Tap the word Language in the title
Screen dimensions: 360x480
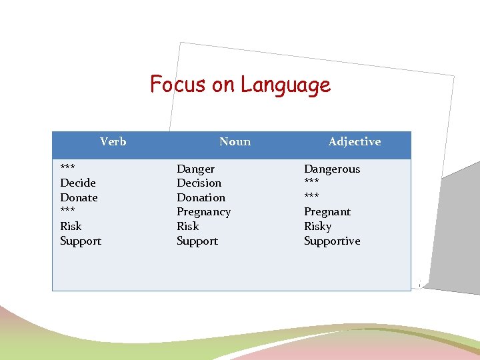[285, 85]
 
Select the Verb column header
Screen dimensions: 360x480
[113, 141]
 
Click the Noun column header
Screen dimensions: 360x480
[235, 141]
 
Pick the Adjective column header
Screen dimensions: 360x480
[354, 141]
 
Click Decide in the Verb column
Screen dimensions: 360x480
[78, 183]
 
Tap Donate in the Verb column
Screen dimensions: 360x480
[79, 197]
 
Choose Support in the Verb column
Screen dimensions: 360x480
[81, 241]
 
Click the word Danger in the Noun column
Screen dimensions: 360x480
[195, 169]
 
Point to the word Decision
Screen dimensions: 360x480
[199, 183]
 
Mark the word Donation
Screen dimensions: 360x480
[201, 197]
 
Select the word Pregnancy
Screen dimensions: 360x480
[203, 212]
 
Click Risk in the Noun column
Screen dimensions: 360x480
[188, 226]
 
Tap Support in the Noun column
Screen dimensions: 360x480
[197, 241]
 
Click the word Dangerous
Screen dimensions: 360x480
[331, 169]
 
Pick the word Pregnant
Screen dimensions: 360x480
[327, 212]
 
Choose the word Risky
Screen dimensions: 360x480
[317, 226]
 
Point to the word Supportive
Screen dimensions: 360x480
[331, 241]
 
